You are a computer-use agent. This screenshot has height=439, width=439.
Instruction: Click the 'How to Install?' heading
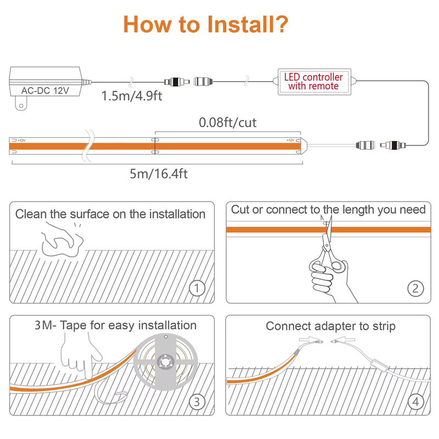click(206, 25)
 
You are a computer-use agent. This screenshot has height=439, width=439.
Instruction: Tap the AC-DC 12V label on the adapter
click(45, 91)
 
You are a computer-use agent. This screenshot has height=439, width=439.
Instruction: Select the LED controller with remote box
click(314, 82)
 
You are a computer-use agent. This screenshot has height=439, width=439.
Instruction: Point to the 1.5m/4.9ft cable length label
click(132, 95)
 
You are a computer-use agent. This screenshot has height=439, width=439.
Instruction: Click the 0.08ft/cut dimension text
click(228, 122)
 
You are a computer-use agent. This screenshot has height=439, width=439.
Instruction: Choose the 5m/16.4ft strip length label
click(159, 174)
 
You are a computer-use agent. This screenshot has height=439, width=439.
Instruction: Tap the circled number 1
click(197, 288)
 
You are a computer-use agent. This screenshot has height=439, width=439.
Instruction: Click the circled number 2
click(415, 289)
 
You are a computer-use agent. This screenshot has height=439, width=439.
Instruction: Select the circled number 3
click(197, 402)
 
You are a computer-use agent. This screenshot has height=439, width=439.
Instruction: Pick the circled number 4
click(416, 402)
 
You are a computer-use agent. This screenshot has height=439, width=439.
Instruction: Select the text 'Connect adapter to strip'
click(331, 326)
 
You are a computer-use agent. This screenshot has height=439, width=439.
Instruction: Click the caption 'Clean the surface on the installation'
click(110, 214)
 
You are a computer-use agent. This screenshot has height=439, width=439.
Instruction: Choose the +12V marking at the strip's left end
click(21, 140)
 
